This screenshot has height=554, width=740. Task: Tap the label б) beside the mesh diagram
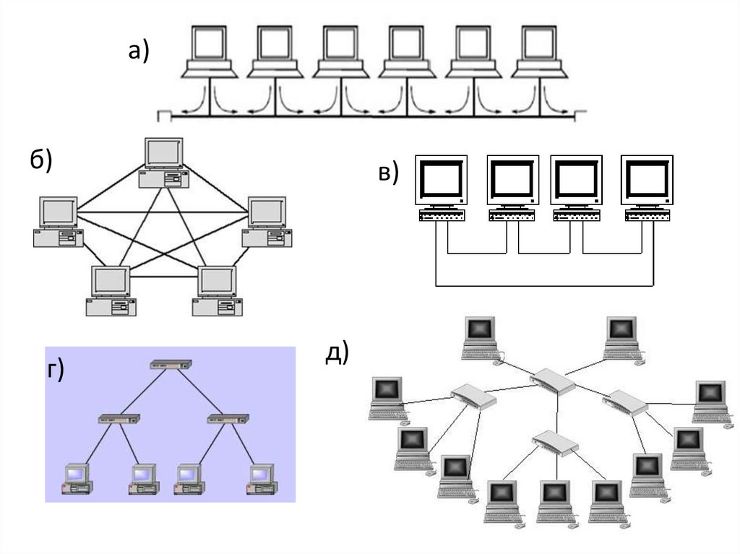[x=41, y=161]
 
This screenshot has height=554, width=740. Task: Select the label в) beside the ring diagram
[x=388, y=174]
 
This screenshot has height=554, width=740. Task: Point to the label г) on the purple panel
[x=56, y=370]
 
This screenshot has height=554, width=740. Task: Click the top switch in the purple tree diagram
[x=171, y=365]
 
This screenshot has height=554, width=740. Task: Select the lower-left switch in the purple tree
[x=119, y=418]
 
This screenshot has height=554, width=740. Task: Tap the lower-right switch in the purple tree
[x=228, y=418]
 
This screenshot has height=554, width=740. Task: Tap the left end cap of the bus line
[x=163, y=115]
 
